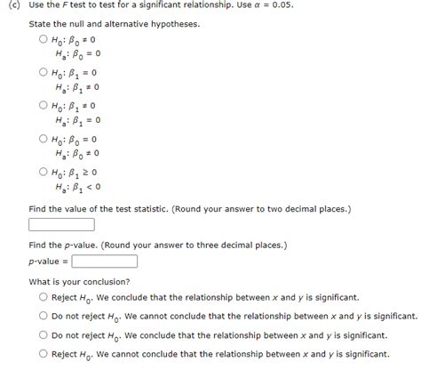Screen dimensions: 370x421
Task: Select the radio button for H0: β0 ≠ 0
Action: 43,39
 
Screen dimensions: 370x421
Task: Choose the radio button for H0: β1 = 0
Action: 43,72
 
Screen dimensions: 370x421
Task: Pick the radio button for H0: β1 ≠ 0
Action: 43,105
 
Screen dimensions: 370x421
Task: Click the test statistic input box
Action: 61,224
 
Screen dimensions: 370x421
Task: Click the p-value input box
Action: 104,261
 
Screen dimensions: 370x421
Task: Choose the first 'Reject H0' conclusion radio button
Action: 43,297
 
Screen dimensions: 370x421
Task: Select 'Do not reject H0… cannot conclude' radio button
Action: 43,316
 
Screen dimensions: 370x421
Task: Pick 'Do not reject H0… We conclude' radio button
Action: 43,335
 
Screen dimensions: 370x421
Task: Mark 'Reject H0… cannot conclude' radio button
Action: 43,354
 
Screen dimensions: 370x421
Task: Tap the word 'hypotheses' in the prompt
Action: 174,22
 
